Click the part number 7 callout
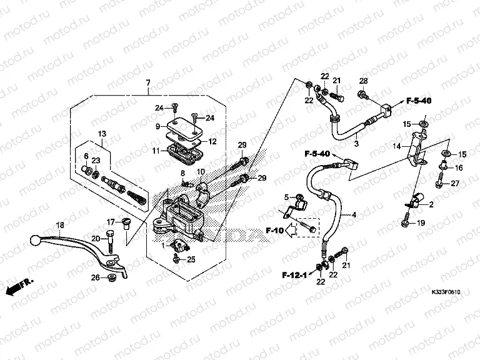coord(148,83)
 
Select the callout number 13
coord(102,134)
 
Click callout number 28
coord(362,80)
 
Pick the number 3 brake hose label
coord(356,144)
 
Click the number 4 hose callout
coord(354,215)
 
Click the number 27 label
coord(455,183)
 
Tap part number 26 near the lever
coord(94,277)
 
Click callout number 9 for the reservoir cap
coord(158,126)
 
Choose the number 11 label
coord(156,151)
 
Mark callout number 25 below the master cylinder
coord(191,259)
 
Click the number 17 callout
coord(110,222)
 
